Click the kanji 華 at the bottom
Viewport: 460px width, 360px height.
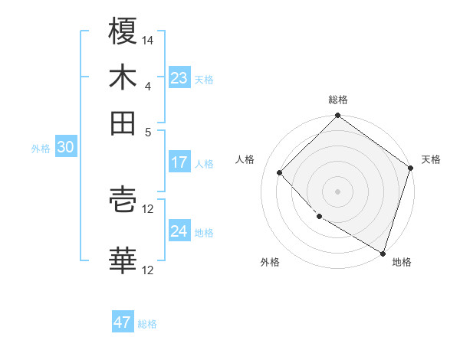(123, 260)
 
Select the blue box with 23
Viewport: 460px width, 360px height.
(179, 78)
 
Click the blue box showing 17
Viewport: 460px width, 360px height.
(179, 162)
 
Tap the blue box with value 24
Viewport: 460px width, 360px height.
(179, 231)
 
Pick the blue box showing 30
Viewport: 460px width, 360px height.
(65, 148)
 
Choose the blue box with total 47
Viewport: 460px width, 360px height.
(123, 322)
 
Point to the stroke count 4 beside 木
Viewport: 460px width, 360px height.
(148, 86)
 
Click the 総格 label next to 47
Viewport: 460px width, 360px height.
(147, 324)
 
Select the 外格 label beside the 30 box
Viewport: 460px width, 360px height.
(40, 149)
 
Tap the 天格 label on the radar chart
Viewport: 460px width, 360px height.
(431, 159)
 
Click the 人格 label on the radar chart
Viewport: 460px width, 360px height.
(245, 159)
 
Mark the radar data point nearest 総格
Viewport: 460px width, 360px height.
(337, 116)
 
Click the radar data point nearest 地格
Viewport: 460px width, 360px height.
(383, 252)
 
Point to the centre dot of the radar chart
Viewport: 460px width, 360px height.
(337, 191)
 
